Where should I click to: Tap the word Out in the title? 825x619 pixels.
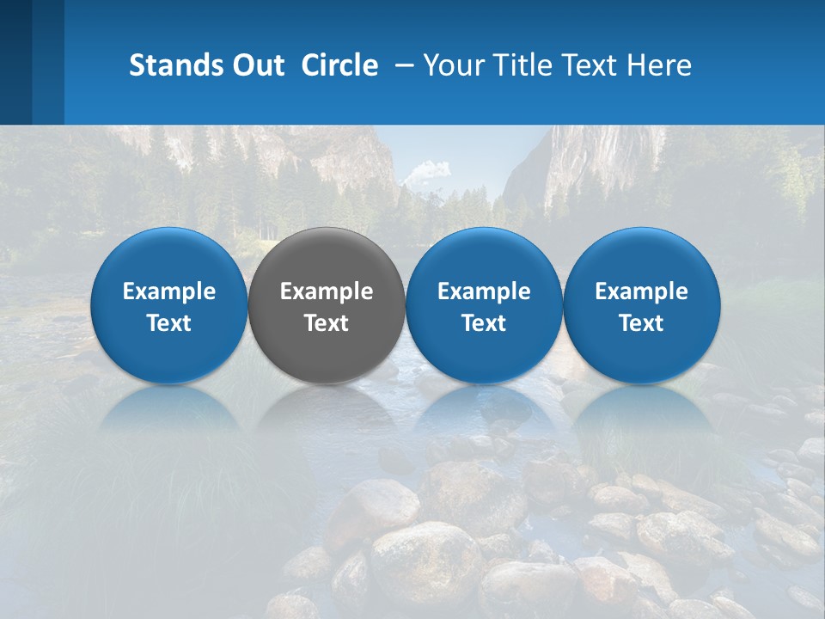257,65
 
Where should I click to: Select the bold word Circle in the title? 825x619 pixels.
339,65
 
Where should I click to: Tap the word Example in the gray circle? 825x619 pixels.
327,291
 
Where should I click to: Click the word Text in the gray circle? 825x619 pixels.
327,323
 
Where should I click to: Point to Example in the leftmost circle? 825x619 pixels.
168,291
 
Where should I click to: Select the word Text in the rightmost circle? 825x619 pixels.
642,323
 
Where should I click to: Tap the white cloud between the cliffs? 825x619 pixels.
425,171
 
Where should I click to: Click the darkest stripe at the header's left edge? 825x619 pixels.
15,62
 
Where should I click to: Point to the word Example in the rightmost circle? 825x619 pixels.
642,291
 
